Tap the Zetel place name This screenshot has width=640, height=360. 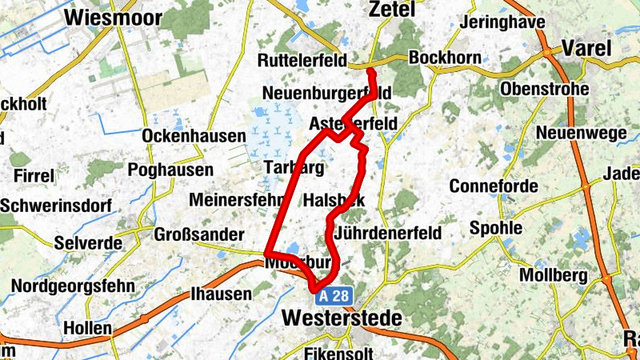pos(392,10)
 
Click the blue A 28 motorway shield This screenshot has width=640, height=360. pos(334,296)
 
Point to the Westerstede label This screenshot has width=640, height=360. pos(342,318)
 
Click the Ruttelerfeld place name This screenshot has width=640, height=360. pos(302,61)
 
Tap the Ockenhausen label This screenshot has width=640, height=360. pos(194,136)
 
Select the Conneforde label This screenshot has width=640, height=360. pos(490,186)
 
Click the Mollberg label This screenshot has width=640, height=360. pos(554,275)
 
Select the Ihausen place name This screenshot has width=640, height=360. pos(221,294)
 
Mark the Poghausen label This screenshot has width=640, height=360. pos(170,170)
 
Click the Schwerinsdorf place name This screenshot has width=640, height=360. pos(55,206)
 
